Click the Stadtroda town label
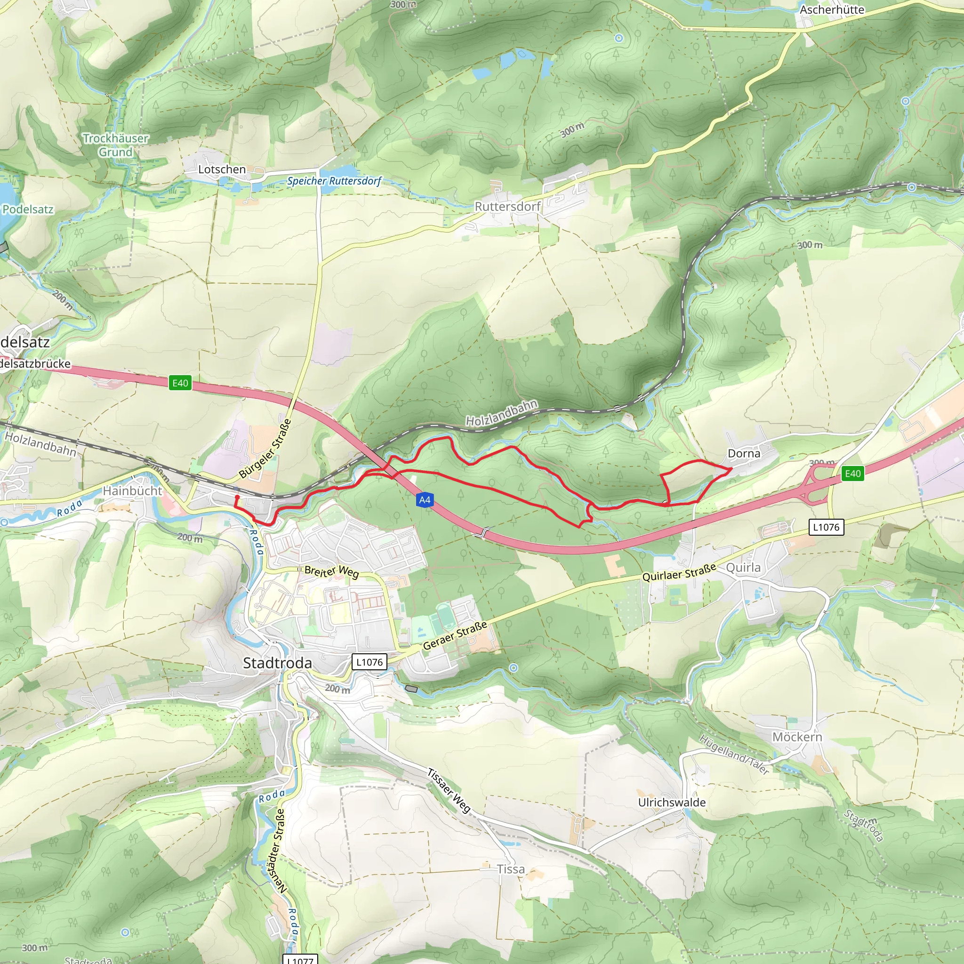(x=277, y=663)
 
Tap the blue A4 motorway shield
(x=424, y=500)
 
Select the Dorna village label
(x=743, y=453)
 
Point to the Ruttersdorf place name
(x=507, y=206)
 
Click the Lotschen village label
(x=222, y=169)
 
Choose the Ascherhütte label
(x=832, y=9)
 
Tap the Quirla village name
(x=743, y=567)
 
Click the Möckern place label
(x=797, y=737)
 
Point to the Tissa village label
(x=510, y=869)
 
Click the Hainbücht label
(x=132, y=490)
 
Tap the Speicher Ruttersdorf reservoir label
(x=334, y=181)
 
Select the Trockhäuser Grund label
(x=115, y=145)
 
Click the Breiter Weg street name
(x=331, y=571)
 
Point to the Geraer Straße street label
(x=455, y=635)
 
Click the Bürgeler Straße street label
(x=265, y=449)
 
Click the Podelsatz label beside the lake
(x=27, y=209)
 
